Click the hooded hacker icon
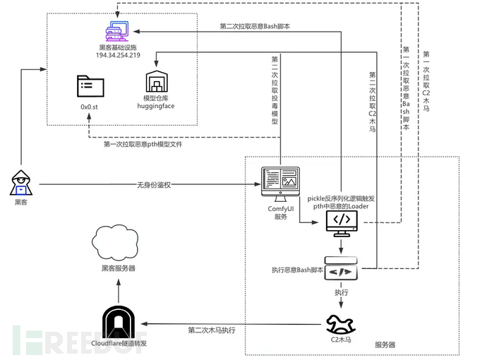[21, 183]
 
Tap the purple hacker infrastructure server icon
[117, 31]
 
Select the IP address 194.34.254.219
[118, 55]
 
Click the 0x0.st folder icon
[90, 85]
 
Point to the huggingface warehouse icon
[157, 81]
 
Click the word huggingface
[156, 106]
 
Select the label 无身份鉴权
[154, 185]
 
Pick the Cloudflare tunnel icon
[119, 323]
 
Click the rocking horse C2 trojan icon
[341, 324]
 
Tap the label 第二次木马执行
[212, 330]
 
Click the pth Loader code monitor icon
[342, 224]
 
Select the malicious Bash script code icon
[341, 268]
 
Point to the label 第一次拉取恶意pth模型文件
[143, 145]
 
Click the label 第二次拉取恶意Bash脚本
[255, 26]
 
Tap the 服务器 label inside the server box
[385, 344]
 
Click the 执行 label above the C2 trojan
[342, 292]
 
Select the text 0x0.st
[89, 107]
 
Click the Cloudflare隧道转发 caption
[119, 343]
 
